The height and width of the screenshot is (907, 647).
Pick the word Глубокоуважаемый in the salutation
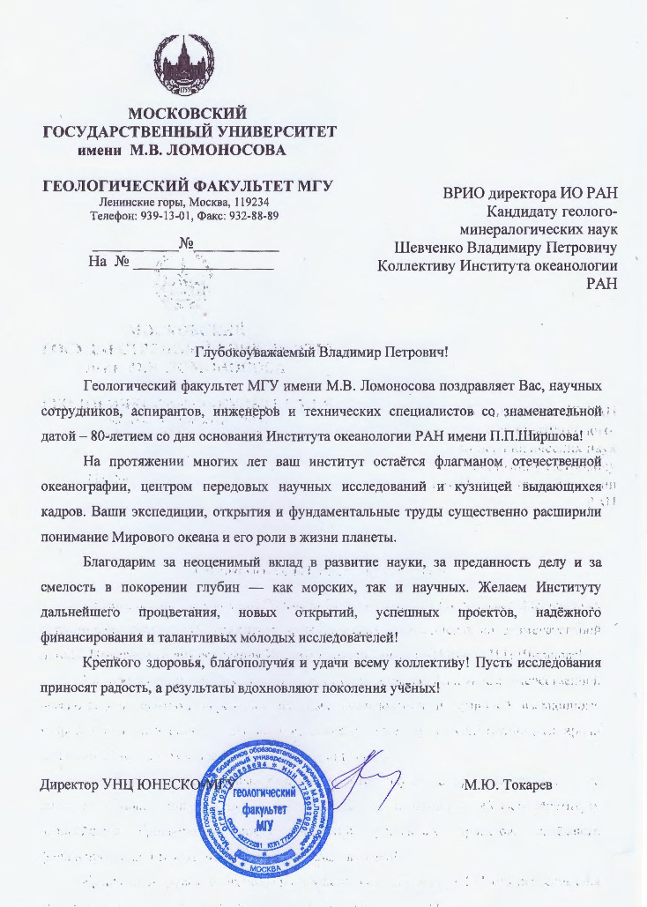pos(255,353)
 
